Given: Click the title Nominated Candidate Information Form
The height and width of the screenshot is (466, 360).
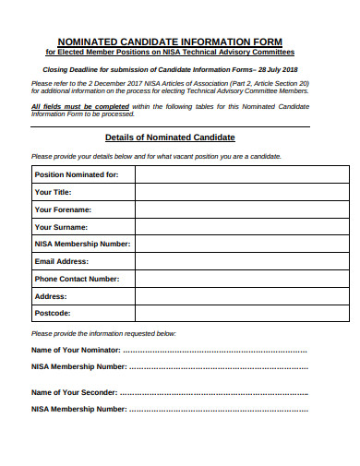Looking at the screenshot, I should [x=179, y=42].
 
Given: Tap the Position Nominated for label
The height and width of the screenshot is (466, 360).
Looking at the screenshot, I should [x=77, y=174].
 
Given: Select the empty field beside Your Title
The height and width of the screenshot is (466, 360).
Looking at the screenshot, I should [x=241, y=192].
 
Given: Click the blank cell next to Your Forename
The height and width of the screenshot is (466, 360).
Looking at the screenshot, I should [x=241, y=209].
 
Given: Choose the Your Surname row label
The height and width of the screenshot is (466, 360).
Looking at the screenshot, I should [x=61, y=226].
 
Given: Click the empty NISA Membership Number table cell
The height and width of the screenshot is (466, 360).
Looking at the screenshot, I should [x=241, y=244].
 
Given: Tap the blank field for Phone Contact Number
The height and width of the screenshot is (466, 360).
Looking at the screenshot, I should [x=241, y=278].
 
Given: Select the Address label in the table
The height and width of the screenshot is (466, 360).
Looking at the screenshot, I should [x=51, y=296].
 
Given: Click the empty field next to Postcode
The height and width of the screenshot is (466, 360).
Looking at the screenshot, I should [x=241, y=313].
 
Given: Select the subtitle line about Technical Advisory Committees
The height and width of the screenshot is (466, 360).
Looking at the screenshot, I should [x=179, y=53].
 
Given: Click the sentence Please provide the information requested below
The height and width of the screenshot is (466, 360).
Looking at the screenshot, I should [x=103, y=333].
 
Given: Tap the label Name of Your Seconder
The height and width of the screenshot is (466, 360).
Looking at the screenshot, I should [x=74, y=392].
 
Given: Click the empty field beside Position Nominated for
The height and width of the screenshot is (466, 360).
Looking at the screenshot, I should [x=241, y=174].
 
